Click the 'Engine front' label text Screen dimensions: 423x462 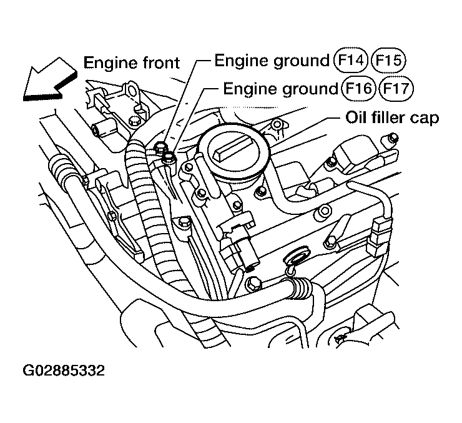coord(132,62)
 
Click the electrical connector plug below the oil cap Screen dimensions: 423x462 coord(240,244)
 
